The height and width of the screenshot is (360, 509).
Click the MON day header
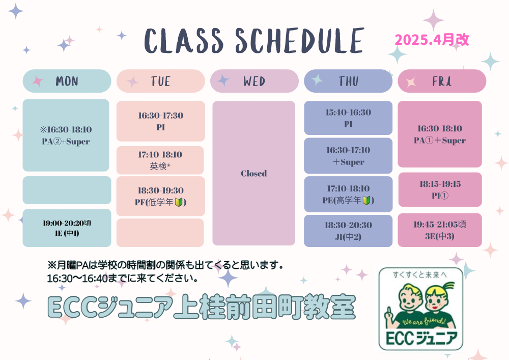pyautogui.click(x=67, y=81)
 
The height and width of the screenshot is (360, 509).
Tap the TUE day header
pyautogui.click(x=161, y=81)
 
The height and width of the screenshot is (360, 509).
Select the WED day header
pyautogui.click(x=254, y=81)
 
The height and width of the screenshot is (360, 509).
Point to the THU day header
pyautogui.click(x=348, y=81)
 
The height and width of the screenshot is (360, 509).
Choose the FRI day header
pyautogui.click(x=442, y=81)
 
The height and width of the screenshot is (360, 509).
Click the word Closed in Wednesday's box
pyautogui.click(x=254, y=173)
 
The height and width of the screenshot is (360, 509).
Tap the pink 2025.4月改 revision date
pyautogui.click(x=432, y=40)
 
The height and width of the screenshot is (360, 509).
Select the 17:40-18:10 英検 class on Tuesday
pyautogui.click(x=160, y=160)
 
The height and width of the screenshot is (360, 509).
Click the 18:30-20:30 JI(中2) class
pyautogui.click(x=348, y=231)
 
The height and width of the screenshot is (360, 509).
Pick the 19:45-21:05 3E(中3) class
pyautogui.click(x=440, y=230)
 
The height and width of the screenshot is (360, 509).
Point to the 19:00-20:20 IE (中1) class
pyautogui.click(x=67, y=228)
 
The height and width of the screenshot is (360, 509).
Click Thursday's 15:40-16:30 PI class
pyautogui.click(x=348, y=118)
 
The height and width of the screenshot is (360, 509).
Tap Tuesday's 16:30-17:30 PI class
pyautogui.click(x=161, y=121)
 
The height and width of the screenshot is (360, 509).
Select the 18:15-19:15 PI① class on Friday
pyautogui.click(x=440, y=189)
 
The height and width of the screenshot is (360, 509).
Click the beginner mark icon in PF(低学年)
pyautogui.click(x=179, y=202)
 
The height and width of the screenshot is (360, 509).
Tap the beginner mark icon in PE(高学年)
pyautogui.click(x=366, y=200)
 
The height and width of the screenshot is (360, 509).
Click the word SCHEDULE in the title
pyautogui.click(x=299, y=41)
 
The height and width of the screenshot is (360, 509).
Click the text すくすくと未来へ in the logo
pyautogui.click(x=420, y=274)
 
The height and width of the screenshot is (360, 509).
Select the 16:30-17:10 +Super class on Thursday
pyautogui.click(x=348, y=155)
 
